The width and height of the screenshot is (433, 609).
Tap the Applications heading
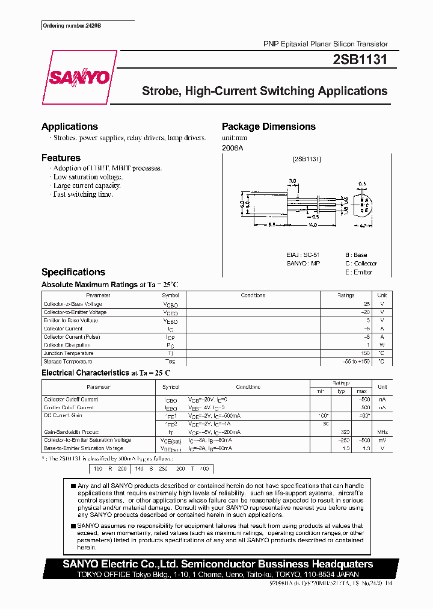pyautogui.click(x=69, y=126)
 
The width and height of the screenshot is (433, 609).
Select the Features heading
pyautogui.click(x=61, y=158)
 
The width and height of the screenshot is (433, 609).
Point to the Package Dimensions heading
pyautogui.click(x=268, y=126)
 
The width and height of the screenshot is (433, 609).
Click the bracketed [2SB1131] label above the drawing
pyautogui.click(x=307, y=159)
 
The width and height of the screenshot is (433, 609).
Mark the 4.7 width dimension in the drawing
pyautogui.click(x=362, y=226)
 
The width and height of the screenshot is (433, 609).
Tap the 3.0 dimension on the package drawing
pyautogui.click(x=293, y=181)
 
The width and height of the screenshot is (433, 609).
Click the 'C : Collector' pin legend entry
pyautogui.click(x=361, y=264)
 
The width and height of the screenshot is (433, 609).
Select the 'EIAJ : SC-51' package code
pyautogui.click(x=304, y=255)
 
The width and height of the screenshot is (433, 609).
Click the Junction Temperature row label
pyautogui.click(x=68, y=353)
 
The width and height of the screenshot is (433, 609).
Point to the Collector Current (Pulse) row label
pyautogui.click(x=72, y=337)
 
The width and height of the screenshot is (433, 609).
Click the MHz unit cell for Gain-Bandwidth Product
pyautogui.click(x=382, y=432)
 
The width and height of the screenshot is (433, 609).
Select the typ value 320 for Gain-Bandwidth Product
pyautogui.click(x=345, y=432)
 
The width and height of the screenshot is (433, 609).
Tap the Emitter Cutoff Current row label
pyautogui.click(x=69, y=407)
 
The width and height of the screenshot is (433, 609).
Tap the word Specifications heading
pyautogui.click(x=73, y=272)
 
